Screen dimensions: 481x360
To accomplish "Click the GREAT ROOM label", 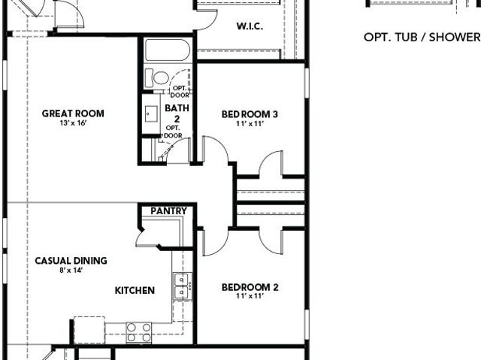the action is point(73,113).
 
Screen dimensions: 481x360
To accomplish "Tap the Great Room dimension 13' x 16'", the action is point(73,123).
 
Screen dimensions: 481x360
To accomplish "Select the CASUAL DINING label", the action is point(71,261).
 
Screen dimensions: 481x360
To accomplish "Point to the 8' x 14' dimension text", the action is point(71,271).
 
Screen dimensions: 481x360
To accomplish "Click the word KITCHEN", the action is point(135,290).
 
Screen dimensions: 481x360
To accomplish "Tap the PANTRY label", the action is point(168,211).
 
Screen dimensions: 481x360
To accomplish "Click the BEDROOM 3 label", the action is point(250,114).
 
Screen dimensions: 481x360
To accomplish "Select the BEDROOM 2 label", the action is point(250,287).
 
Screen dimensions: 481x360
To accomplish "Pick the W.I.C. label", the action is point(250,26).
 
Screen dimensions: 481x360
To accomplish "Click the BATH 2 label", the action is point(177,113).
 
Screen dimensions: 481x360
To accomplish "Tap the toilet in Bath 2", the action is point(157,78).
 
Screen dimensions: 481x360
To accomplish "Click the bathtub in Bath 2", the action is point(167,50).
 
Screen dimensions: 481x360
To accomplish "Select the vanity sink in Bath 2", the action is point(151,113).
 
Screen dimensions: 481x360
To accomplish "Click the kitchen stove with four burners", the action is point(139,332).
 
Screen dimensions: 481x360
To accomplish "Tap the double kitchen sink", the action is point(181,286).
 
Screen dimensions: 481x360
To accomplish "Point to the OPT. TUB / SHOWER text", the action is point(422,38).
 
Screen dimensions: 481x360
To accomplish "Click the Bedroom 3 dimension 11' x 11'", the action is point(250,124).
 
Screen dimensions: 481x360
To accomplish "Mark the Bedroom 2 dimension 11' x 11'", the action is point(250,296).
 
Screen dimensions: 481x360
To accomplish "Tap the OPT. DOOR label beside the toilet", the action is point(180,92).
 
